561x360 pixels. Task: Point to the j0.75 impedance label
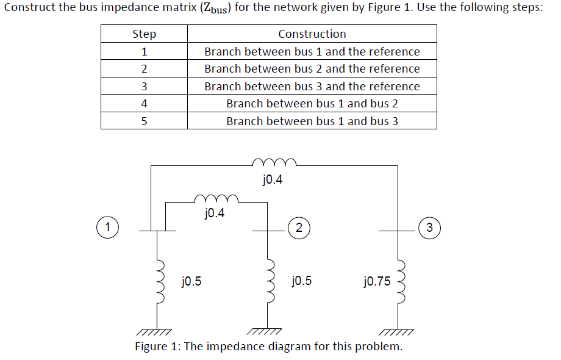[x=376, y=281]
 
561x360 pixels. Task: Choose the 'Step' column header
[x=144, y=34]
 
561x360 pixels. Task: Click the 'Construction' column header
[x=312, y=34]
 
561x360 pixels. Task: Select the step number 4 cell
[x=144, y=104]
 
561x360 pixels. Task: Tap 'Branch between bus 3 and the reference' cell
[x=312, y=86]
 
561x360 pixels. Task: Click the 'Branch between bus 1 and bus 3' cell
[x=312, y=121]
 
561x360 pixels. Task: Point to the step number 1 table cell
[x=144, y=52]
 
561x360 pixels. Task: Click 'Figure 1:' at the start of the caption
[x=157, y=347]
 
